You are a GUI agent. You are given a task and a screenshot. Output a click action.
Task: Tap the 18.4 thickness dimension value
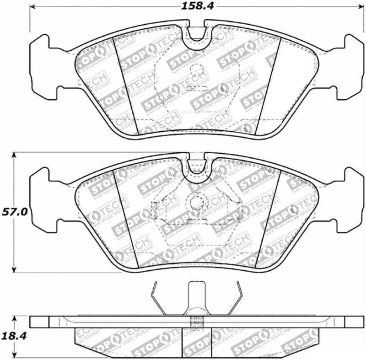point(13,336)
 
